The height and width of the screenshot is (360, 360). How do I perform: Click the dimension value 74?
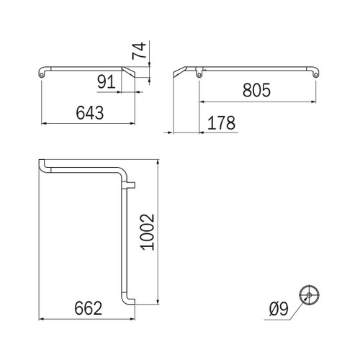(139, 50)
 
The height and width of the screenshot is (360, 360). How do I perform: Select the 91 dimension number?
(107, 81)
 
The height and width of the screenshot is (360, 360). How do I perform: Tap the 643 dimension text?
(90, 112)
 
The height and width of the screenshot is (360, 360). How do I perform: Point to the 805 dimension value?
(256, 90)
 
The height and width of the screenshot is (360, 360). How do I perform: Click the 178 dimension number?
(221, 122)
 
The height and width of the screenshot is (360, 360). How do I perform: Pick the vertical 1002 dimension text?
(148, 232)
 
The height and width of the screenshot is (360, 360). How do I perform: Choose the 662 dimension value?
(89, 308)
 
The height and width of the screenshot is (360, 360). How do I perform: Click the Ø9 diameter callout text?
(279, 309)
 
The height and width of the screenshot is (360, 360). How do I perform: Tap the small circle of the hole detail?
(309, 295)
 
